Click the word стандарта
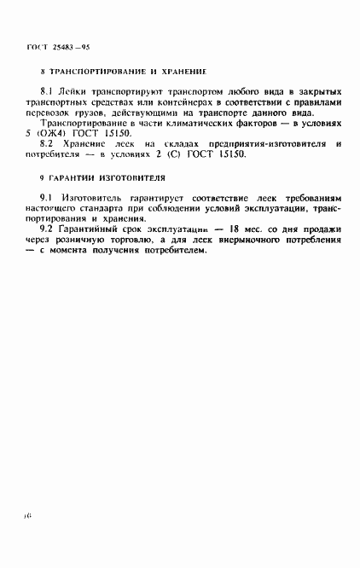[114, 209]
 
